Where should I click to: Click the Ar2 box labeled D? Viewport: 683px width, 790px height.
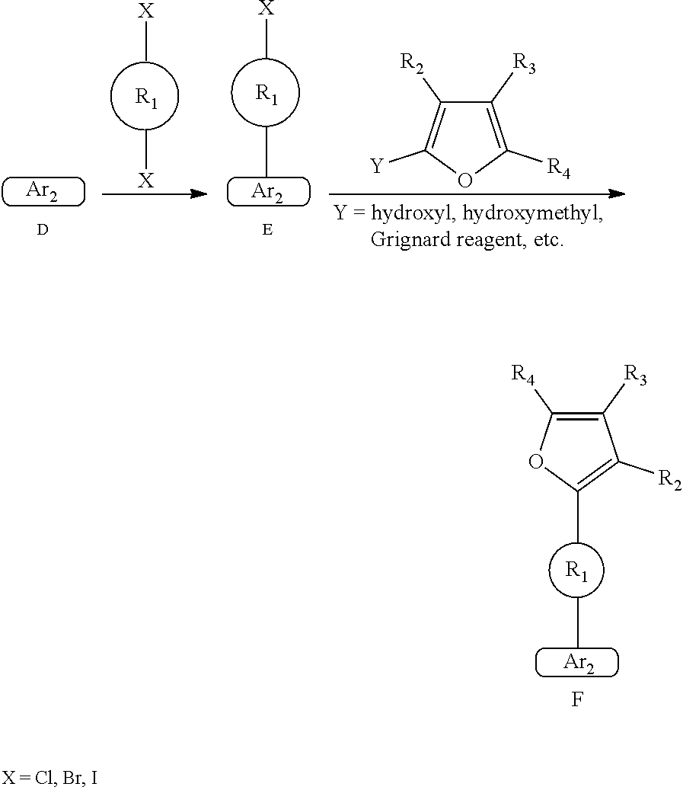tap(43, 192)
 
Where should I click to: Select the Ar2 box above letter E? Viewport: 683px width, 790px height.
tap(268, 192)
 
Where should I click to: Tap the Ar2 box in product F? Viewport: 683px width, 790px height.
tap(577, 663)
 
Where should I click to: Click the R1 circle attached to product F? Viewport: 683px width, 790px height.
tap(577, 571)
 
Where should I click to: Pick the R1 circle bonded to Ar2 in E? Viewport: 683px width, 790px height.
tap(265, 93)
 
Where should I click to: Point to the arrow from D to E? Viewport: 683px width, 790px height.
tap(155, 194)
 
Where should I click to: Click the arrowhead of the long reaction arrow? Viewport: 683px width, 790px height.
tap(617, 194)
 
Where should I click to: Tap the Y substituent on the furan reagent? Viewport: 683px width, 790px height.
tap(376, 166)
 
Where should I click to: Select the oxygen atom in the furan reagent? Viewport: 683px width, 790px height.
tap(465, 181)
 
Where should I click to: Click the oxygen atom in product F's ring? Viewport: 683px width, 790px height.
tap(535, 462)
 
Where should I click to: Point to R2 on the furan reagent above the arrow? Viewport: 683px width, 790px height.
tap(412, 63)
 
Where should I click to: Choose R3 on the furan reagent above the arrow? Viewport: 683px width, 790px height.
tap(524, 63)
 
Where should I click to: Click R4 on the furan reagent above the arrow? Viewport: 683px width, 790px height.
tap(558, 168)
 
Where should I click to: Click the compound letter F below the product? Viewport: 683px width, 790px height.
tap(577, 699)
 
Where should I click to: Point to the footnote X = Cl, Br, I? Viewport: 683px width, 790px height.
tap(49, 778)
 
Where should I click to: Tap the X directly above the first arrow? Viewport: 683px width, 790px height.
tap(145, 181)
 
